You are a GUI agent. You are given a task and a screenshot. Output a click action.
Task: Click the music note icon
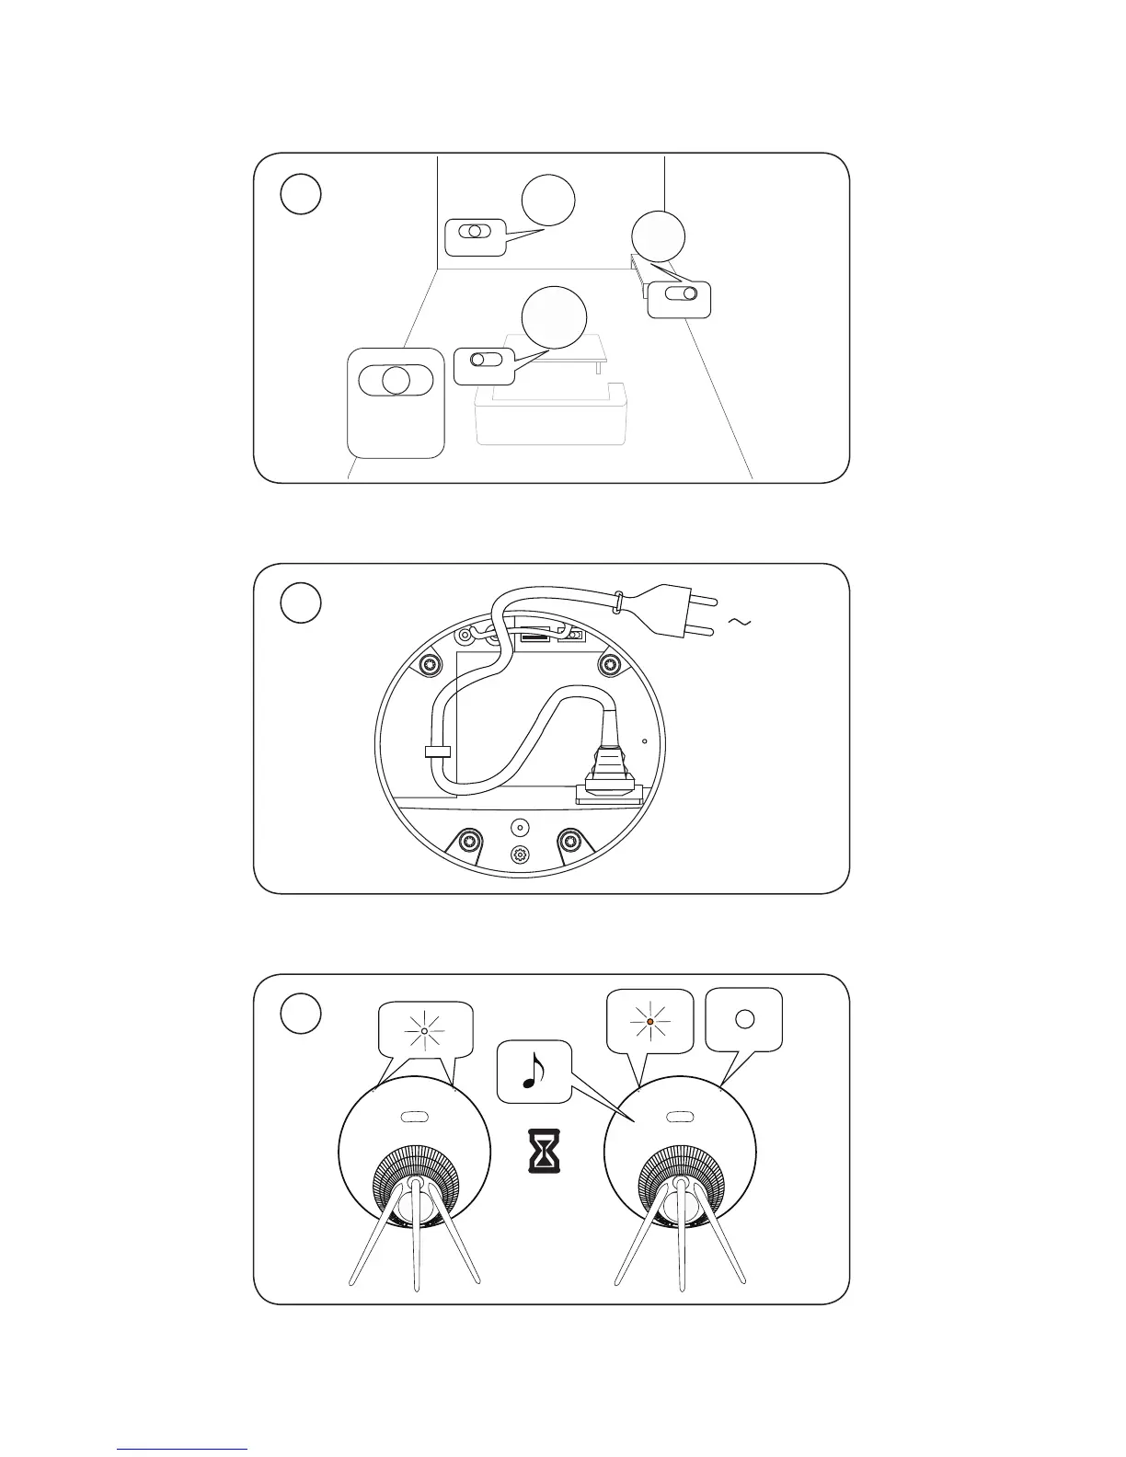click(x=533, y=1071)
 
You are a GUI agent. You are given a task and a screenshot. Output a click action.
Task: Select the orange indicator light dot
click(x=649, y=1021)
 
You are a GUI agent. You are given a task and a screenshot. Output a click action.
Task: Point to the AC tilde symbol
click(x=740, y=623)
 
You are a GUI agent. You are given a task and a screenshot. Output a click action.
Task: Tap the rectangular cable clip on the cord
click(x=438, y=751)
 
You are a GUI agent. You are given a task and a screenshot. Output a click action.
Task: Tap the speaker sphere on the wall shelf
click(x=659, y=236)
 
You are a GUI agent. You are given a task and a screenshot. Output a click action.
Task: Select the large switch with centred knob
click(x=396, y=380)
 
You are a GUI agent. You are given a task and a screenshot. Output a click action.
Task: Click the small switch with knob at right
click(x=679, y=299)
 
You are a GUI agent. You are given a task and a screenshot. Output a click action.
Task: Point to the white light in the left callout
click(x=423, y=1032)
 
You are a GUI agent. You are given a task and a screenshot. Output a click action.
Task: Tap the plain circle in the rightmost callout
click(x=745, y=1018)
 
